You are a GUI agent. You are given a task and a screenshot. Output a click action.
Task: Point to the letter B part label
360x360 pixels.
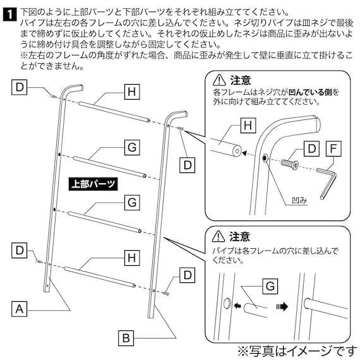coord(126,337)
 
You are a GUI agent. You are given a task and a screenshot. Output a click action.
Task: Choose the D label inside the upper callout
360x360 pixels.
coord(310,149)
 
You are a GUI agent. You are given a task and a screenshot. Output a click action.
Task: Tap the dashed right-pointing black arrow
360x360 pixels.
coord(282,306)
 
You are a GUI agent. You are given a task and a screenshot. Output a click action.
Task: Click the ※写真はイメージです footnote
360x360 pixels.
coord(296,349)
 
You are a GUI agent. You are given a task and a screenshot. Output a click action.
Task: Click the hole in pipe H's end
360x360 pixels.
coord(236,151)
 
